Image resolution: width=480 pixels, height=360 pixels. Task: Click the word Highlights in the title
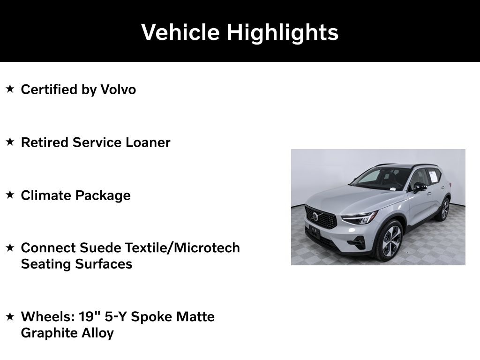tap(283, 32)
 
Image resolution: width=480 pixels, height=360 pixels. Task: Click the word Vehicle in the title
tap(180, 32)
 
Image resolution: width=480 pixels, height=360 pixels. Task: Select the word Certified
tap(49, 89)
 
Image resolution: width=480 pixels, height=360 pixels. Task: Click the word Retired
tap(45, 142)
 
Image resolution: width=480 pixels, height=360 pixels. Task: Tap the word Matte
tap(195, 316)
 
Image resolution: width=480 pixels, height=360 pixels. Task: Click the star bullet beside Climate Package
tap(10, 195)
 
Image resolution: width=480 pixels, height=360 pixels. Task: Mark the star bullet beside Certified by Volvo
tap(10, 89)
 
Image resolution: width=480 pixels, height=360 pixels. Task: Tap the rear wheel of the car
tap(443, 209)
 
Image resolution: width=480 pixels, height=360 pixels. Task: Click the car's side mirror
tap(419, 187)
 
